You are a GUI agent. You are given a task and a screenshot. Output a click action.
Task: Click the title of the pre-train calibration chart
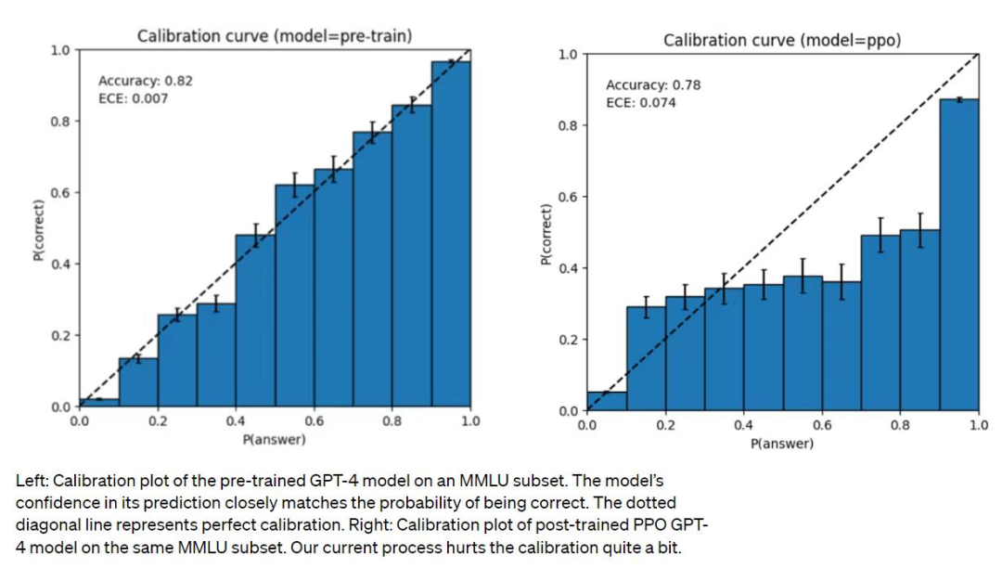click(275, 36)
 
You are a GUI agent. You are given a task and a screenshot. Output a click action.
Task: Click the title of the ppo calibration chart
click(782, 41)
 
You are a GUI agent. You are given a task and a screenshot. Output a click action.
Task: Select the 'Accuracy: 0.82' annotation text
click(146, 81)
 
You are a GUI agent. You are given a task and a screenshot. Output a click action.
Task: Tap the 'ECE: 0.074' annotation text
click(641, 102)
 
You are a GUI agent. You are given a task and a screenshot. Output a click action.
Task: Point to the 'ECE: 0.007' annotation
click(133, 98)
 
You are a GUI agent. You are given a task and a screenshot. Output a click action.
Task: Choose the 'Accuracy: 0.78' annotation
click(653, 84)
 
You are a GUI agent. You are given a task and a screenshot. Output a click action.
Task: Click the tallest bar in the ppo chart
click(959, 255)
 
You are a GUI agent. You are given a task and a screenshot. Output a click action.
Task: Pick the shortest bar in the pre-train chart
click(99, 403)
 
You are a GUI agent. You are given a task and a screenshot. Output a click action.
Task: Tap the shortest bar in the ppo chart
click(607, 401)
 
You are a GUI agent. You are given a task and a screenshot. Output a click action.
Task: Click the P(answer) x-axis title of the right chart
click(782, 444)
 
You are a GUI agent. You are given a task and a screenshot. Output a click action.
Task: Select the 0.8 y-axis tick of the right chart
click(569, 126)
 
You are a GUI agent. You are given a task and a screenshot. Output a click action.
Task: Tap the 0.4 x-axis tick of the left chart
click(236, 422)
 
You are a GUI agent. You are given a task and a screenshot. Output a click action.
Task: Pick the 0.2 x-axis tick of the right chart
click(665, 426)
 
